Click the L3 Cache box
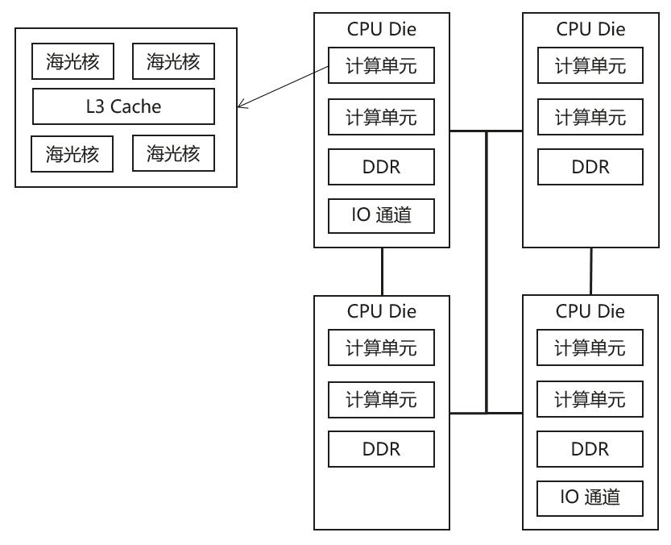click(123, 106)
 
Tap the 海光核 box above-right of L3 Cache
click(173, 61)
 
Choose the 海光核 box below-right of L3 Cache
click(173, 154)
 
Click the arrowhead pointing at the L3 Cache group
click(241, 106)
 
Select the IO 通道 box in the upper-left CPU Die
click(381, 214)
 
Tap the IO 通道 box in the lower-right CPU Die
click(590, 495)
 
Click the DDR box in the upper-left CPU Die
click(381, 167)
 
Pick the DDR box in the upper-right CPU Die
click(590, 167)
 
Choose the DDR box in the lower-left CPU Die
click(381, 447)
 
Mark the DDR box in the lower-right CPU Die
click(590, 447)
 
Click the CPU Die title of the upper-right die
click(590, 30)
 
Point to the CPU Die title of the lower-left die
click(381, 310)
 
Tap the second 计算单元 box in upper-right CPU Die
click(590, 118)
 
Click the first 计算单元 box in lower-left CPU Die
click(381, 349)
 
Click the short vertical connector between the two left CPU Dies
click(382, 272)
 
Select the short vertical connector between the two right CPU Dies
click(591, 272)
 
